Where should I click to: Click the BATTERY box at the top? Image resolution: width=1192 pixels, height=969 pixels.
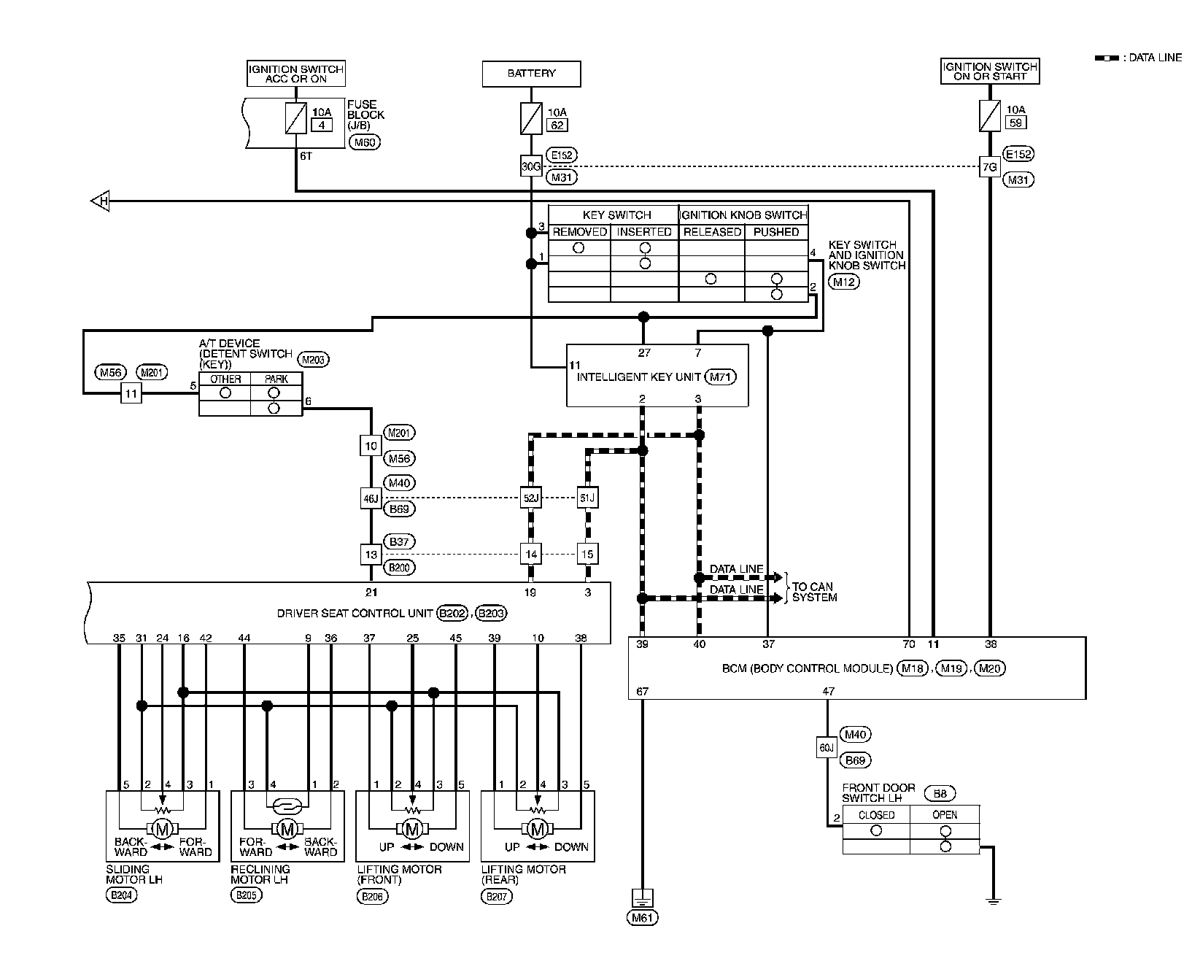point(531,74)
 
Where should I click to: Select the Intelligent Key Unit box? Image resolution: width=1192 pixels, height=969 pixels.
point(657,376)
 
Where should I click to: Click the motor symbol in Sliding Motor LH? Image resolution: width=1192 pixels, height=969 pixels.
point(163,829)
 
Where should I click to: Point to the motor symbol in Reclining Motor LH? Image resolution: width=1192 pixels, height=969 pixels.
point(287,829)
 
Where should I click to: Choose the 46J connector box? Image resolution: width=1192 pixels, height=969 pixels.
point(371,499)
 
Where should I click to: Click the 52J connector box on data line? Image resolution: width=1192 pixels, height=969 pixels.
point(530,499)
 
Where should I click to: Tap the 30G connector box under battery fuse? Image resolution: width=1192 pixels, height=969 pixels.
point(531,166)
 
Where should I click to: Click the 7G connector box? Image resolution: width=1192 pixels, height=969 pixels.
point(989,166)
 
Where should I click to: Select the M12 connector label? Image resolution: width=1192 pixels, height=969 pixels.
point(844,282)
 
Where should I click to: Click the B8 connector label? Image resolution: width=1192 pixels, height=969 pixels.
point(940,794)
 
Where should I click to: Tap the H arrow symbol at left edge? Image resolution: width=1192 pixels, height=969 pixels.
point(101,201)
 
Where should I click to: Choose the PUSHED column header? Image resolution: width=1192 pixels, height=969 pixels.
point(775,232)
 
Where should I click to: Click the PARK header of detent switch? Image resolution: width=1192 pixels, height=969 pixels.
point(276,379)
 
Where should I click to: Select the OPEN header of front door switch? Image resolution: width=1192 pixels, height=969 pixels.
point(945,814)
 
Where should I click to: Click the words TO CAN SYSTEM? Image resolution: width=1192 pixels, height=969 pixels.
point(813,592)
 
